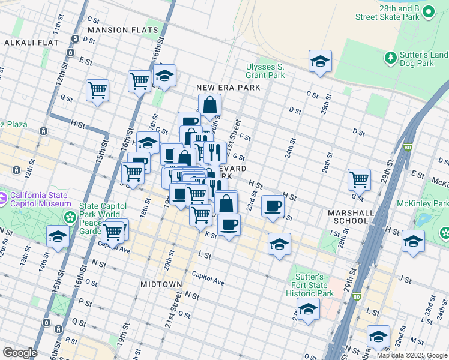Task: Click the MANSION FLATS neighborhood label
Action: pos(123,30)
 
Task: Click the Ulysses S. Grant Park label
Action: pos(265,71)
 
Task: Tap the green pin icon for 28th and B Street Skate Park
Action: pos(428,11)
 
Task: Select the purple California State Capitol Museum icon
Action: pos(3,197)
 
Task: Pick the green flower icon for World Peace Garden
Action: pos(71,217)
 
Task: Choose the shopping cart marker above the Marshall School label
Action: pos(359,179)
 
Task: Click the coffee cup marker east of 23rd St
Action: pos(273,206)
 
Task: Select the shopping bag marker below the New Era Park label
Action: pos(209,106)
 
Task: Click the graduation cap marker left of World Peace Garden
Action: pos(58,237)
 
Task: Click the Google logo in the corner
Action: pos(19,353)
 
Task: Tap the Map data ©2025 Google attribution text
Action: pos(411,355)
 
